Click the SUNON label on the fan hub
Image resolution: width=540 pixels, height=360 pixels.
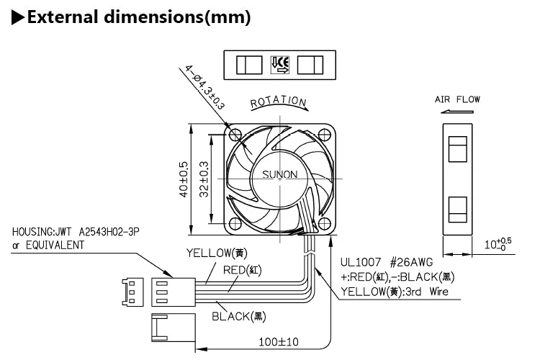(279, 174)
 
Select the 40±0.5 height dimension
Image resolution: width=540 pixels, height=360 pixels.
(184, 179)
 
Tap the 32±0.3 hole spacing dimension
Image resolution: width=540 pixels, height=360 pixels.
(204, 179)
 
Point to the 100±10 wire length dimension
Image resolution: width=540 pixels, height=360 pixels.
(279, 342)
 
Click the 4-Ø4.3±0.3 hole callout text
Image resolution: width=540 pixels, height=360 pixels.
(205, 88)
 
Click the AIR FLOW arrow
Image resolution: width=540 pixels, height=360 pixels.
(457, 112)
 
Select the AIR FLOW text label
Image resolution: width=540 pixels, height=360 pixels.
(457, 99)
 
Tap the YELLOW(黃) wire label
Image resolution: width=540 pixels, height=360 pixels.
(217, 253)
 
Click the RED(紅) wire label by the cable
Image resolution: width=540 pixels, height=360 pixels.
(243, 270)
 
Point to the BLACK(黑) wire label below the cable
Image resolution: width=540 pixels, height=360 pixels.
(238, 316)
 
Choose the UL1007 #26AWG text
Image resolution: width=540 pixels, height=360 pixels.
(387, 263)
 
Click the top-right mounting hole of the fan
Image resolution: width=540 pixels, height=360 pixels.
(325, 135)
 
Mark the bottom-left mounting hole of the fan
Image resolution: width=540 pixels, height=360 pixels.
(235, 224)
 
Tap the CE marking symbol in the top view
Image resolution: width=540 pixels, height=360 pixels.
(280, 65)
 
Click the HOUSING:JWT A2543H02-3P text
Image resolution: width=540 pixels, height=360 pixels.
(76, 232)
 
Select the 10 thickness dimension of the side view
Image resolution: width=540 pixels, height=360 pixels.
(498, 244)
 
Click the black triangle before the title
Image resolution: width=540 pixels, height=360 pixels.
(18, 17)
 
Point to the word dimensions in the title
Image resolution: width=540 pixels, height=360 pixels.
(154, 17)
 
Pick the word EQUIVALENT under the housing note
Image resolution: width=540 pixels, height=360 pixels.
(55, 246)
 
